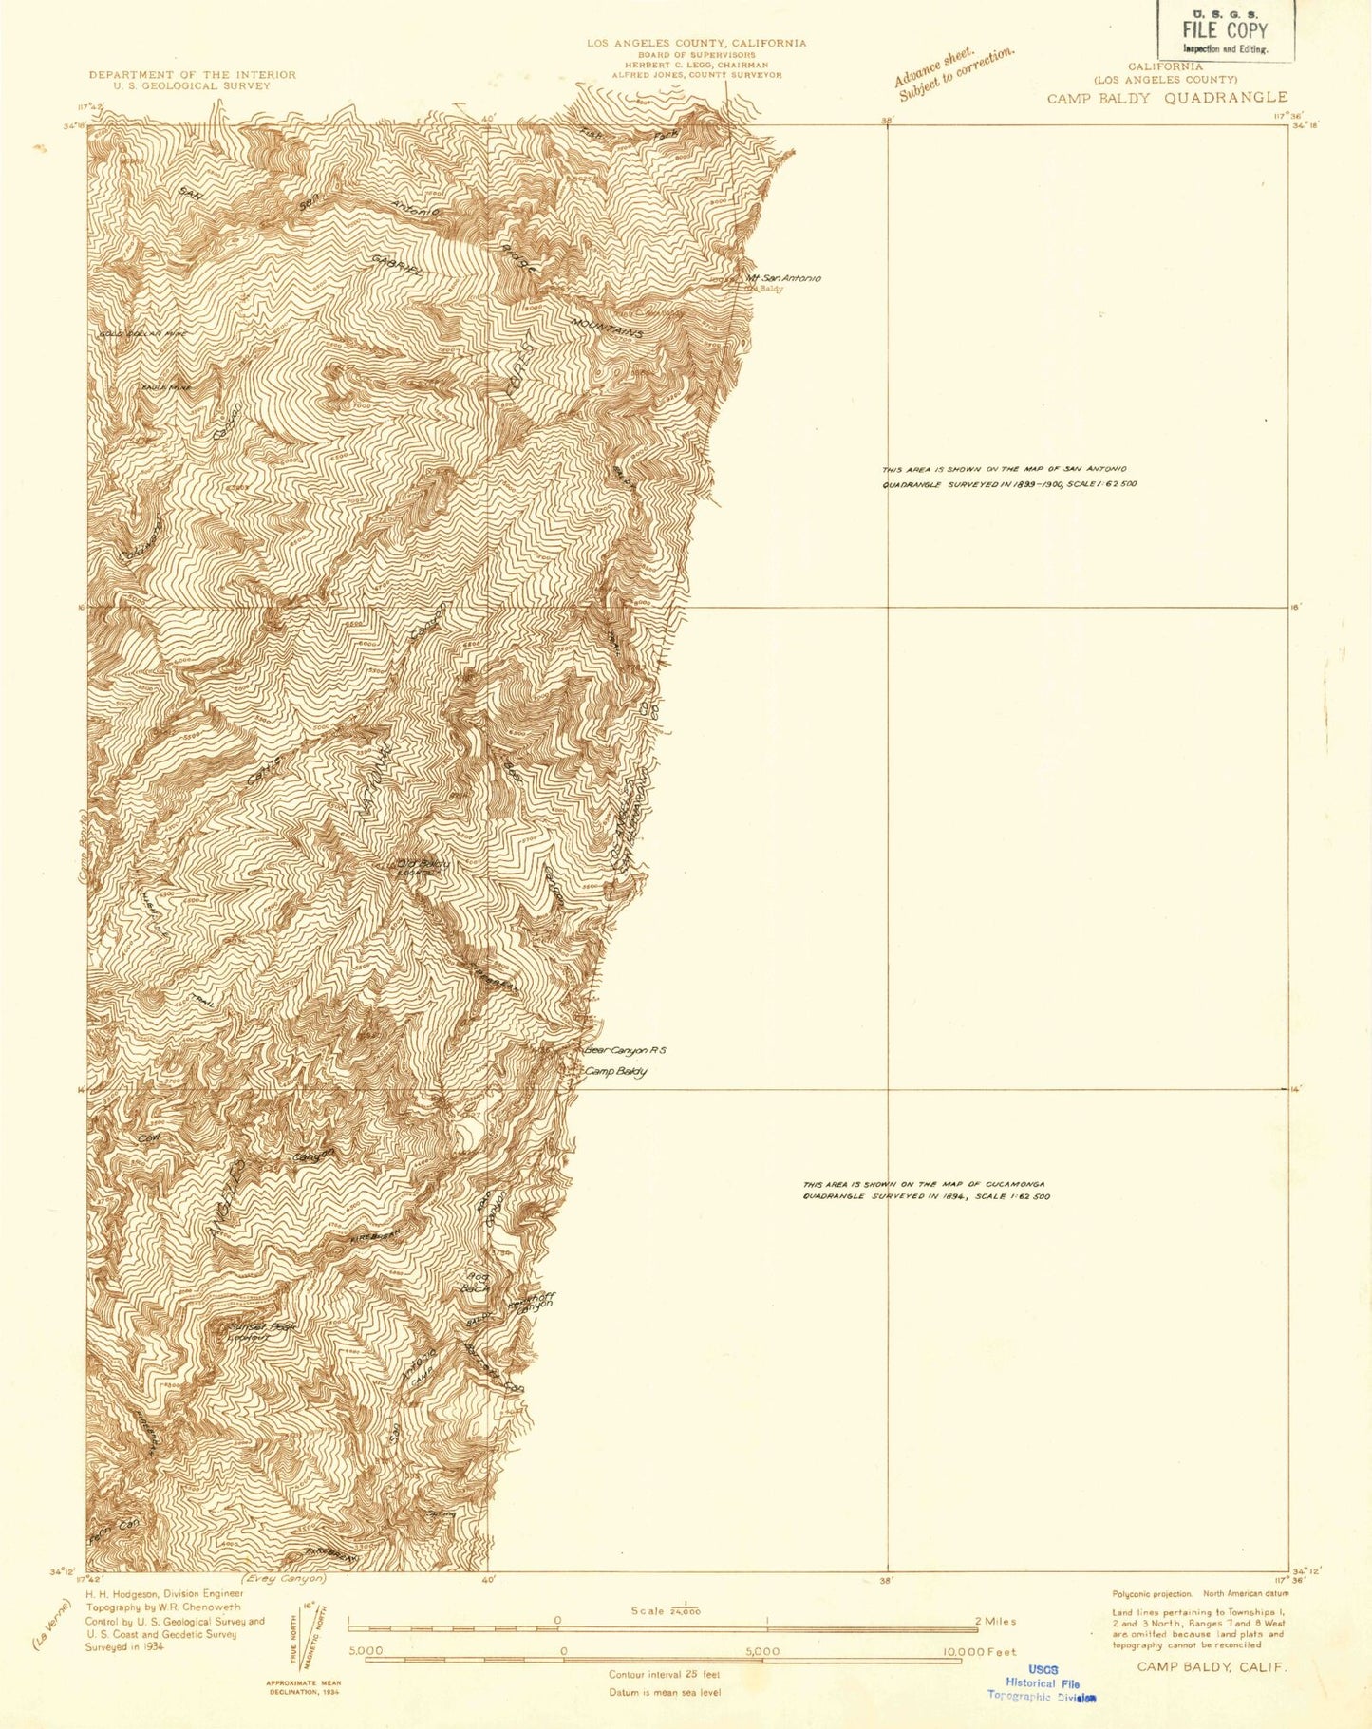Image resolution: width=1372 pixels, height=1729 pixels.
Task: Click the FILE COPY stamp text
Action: pos(1224,29)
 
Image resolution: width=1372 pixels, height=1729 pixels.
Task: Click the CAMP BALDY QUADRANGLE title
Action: pos(1167,97)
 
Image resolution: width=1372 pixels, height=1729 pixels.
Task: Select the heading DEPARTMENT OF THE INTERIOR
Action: pos(192,74)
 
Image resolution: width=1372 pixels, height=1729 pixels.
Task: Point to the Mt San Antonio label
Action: pos(783,278)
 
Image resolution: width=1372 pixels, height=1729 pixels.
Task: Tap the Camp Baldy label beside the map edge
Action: pos(616,1072)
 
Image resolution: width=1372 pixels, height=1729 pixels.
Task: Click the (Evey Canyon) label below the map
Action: pos(283,1578)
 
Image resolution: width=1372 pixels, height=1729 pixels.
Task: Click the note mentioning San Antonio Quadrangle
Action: pos(1008,477)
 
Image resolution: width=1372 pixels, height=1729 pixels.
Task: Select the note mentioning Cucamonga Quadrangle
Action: pos(926,1190)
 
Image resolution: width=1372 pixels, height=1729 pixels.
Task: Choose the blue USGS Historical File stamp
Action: pos(1042,1682)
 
